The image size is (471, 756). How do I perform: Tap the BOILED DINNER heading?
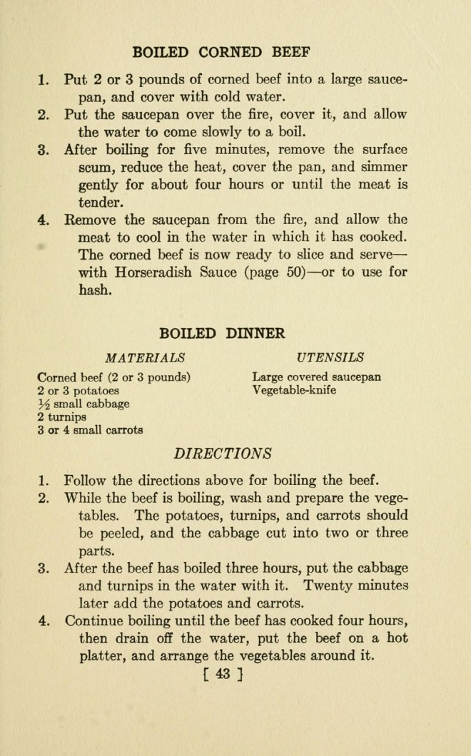click(222, 333)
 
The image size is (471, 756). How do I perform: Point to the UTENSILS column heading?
click(328, 357)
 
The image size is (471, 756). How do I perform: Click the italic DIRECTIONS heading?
click(223, 452)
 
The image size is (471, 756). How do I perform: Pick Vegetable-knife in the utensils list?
click(294, 390)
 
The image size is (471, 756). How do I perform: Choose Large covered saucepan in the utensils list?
click(316, 377)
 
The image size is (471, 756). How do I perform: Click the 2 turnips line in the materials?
click(61, 417)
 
